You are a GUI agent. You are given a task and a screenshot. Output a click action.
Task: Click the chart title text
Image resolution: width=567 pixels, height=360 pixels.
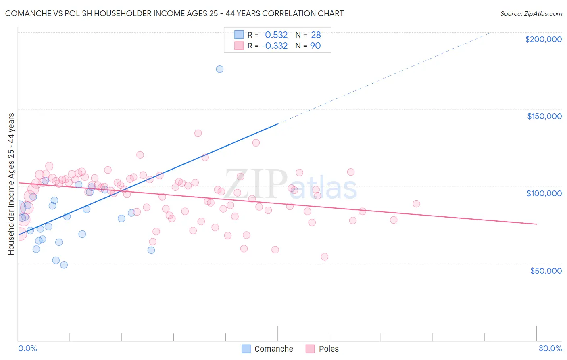pyautogui.click(x=174, y=13)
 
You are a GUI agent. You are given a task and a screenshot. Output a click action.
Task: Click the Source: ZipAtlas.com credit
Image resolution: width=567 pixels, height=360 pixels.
pyautogui.click(x=531, y=13)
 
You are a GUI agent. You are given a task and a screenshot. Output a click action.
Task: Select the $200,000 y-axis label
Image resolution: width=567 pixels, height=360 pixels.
pyautogui.click(x=543, y=39)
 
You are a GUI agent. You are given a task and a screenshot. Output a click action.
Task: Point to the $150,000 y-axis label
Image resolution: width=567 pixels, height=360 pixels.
pyautogui.click(x=544, y=116)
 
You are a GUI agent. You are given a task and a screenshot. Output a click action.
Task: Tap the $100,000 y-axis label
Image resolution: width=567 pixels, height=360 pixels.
pyautogui.click(x=544, y=193)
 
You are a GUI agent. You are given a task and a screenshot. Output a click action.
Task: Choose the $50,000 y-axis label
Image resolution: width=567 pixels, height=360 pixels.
pyautogui.click(x=546, y=270)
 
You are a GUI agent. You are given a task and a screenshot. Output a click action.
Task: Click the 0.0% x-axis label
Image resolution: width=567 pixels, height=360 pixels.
pyautogui.click(x=27, y=348)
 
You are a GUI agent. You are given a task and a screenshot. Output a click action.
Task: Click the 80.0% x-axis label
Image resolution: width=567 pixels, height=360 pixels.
pyautogui.click(x=550, y=348)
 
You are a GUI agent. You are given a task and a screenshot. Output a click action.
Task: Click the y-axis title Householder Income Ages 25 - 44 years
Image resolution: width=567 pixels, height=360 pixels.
pyautogui.click(x=11, y=184)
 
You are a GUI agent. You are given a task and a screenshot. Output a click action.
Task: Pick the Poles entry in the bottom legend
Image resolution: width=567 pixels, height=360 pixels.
pyautogui.click(x=328, y=349)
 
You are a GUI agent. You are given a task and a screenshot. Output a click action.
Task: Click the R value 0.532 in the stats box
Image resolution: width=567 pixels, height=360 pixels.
pyautogui.click(x=276, y=35)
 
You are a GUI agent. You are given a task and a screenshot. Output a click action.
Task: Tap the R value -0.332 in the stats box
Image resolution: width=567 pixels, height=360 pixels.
pyautogui.click(x=275, y=46)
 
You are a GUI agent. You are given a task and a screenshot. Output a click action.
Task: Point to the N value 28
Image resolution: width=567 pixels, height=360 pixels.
pyautogui.click(x=316, y=35)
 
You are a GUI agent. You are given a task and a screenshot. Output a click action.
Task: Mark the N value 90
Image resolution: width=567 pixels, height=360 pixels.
pyautogui.click(x=315, y=46)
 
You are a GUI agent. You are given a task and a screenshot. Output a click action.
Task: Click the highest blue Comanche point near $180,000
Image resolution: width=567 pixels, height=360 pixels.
pyautogui.click(x=220, y=69)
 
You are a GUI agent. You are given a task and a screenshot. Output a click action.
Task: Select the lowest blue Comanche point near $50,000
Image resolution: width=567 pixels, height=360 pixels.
pyautogui.click(x=64, y=265)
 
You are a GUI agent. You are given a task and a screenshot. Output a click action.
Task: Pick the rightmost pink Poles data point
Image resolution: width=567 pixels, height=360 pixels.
pyautogui.click(x=416, y=204)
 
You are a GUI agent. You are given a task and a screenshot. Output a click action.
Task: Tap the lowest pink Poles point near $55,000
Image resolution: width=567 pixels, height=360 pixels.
pyautogui.click(x=325, y=257)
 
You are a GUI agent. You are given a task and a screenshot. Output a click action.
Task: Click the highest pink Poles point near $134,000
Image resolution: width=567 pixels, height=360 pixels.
pyautogui.click(x=198, y=133)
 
